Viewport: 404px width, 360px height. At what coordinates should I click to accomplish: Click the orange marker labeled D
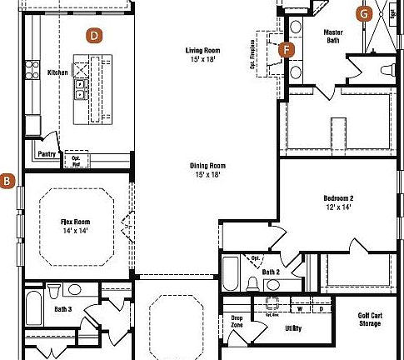pos(94,35)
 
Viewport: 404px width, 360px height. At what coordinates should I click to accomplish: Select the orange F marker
pos(287,49)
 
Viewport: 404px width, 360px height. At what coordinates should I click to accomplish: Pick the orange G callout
pos(363,13)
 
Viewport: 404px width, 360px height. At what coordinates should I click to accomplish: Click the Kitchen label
pos(57,72)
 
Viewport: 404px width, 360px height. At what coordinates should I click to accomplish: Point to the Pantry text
pos(47,153)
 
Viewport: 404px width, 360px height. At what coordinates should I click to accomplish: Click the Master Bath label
pos(332,36)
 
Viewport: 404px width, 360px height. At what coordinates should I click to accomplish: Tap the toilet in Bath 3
pos(54,291)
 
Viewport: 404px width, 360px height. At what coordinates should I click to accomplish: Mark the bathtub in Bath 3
pos(34,310)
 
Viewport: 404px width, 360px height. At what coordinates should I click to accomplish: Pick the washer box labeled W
pos(299,308)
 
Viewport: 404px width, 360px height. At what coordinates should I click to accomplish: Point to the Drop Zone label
pos(237,321)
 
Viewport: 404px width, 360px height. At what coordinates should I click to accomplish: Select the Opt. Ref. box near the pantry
pos(75,160)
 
